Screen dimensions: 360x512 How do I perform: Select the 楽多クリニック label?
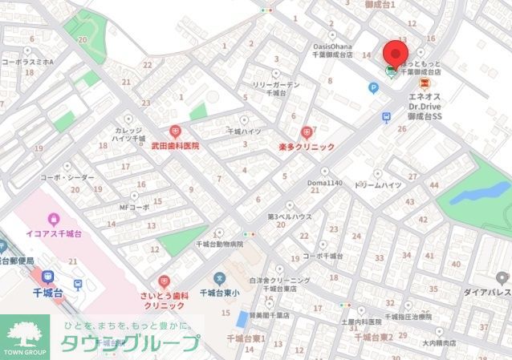306,148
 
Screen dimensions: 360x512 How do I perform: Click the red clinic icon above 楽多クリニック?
306,132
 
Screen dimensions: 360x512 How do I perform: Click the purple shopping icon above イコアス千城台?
53,217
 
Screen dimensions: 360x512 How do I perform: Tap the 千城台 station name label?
48,293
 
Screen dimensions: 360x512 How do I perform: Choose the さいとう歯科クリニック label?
164,300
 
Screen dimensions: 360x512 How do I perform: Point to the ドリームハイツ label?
378,184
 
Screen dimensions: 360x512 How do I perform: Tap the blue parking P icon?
373,87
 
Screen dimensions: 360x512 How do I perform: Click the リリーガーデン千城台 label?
275,88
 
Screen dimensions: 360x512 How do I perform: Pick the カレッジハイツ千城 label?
128,134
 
